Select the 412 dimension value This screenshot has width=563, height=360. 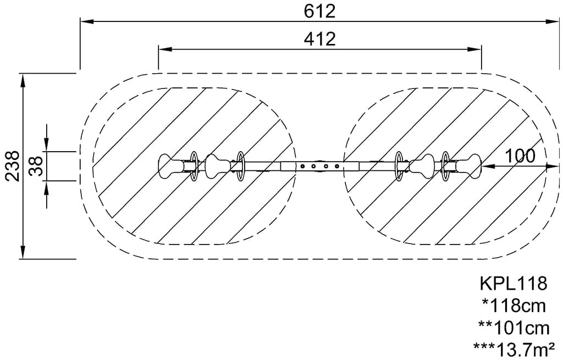coord(319,39)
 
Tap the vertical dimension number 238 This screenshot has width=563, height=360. coord(12,166)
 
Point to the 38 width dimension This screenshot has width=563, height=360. coord(36,166)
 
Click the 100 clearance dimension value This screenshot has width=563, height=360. coord(520,156)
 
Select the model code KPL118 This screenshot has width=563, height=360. coord(514,284)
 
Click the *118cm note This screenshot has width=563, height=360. coord(514,306)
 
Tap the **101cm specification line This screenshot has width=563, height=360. coord(514,328)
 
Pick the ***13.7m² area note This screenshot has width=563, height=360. coord(514,349)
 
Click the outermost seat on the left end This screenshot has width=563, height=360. coord(171,166)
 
